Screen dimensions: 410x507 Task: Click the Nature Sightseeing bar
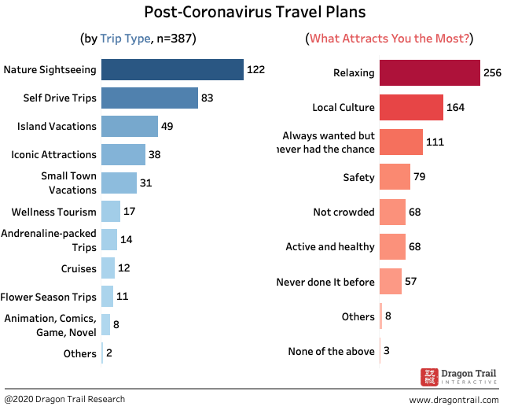point(172,69)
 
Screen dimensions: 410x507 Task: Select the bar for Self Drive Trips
point(149,98)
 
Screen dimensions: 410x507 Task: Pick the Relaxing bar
point(429,72)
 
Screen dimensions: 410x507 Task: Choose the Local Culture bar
point(411,106)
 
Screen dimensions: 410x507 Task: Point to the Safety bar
point(395,177)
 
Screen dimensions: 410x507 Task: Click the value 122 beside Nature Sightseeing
point(255,69)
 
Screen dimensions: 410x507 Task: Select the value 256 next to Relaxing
point(491,72)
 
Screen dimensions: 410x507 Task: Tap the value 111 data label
point(435,142)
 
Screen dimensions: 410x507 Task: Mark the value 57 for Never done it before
point(411,281)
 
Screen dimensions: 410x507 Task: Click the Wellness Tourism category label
point(54,212)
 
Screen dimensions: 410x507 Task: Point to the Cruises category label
point(79,268)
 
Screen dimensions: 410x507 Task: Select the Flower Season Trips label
point(49,297)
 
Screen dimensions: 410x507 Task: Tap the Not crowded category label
point(344,212)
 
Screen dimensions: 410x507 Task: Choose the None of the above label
point(332,351)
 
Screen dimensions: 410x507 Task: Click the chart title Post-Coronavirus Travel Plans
point(255,13)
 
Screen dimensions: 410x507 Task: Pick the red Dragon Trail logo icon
point(429,377)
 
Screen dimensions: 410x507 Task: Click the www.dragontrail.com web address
point(454,400)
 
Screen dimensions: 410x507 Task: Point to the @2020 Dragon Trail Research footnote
point(64,399)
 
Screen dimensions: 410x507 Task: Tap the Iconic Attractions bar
point(123,154)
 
